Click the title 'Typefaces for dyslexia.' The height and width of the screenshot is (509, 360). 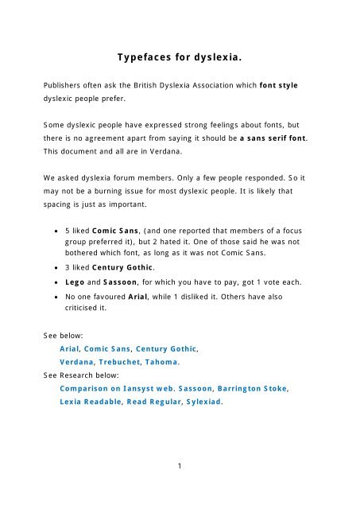tap(180, 60)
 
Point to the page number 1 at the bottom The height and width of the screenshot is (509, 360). tap(180, 467)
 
